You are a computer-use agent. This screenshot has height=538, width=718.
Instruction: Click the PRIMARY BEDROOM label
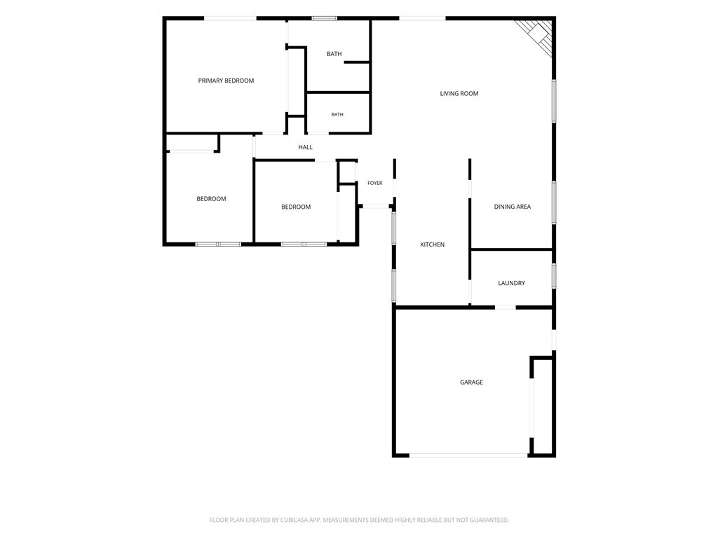(226, 81)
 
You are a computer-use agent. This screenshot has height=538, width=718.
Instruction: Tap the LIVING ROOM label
(459, 93)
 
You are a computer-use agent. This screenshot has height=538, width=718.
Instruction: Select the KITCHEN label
(432, 244)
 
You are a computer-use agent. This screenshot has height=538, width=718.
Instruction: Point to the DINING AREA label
(513, 207)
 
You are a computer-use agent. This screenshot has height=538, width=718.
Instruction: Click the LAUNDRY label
(511, 283)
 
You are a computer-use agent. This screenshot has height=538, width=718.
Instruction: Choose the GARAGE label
(471, 382)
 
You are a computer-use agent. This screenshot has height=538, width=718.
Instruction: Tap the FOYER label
(374, 183)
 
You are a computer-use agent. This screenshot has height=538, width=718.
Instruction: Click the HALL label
(306, 147)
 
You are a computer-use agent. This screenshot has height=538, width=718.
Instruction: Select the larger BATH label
(334, 54)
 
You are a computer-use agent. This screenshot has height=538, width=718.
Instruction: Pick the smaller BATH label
(337, 114)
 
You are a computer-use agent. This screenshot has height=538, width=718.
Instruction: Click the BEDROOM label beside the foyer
(296, 207)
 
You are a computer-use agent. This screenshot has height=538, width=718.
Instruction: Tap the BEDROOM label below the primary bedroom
(211, 198)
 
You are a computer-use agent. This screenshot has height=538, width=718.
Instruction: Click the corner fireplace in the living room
(536, 36)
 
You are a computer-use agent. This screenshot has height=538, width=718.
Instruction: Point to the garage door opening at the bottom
(468, 455)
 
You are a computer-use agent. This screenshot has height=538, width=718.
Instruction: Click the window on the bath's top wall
(324, 18)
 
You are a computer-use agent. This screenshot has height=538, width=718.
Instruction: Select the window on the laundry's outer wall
(554, 275)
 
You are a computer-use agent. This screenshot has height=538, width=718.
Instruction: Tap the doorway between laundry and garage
(506, 308)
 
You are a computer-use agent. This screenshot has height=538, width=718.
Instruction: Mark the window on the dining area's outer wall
(554, 202)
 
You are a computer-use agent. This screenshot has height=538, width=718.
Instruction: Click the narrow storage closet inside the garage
(543, 406)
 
